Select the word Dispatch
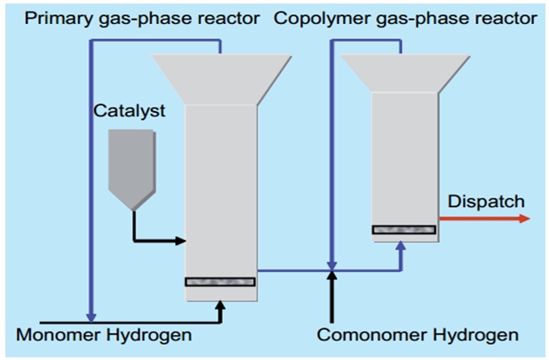coord(486,202)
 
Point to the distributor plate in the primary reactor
coord(219,282)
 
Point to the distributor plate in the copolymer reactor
coord(403,229)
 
